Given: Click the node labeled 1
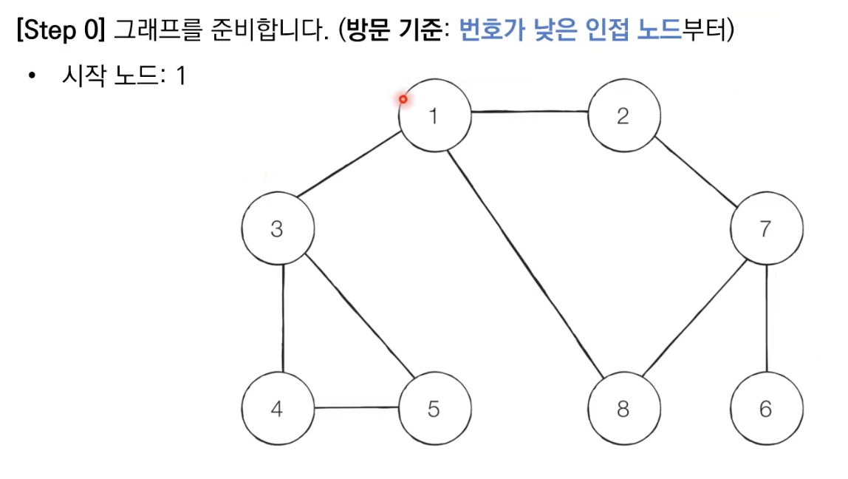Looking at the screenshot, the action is tap(434, 116).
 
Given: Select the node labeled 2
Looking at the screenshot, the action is tap(623, 116).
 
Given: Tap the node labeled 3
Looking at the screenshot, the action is tap(277, 229).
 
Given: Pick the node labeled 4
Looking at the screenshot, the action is tap(277, 408).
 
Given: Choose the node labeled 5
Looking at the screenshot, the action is tap(434, 408).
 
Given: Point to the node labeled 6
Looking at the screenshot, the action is tap(766, 408).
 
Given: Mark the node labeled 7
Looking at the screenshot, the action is tap(765, 229).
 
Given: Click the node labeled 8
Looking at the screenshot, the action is tap(623, 408).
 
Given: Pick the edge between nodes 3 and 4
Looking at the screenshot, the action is tap(284, 318).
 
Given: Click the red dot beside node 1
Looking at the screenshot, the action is tap(403, 99).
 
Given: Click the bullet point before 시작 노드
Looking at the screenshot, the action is tap(31, 76).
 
